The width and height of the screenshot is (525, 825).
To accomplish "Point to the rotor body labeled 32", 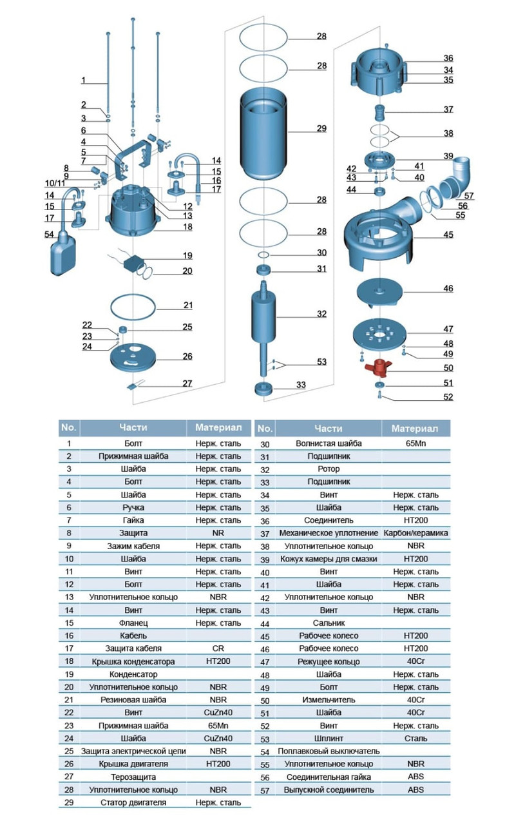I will pyautogui.click(x=263, y=316).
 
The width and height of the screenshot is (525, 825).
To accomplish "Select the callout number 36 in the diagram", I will pyautogui.click(x=448, y=58).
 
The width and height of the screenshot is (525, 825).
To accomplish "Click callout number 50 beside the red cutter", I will pyautogui.click(x=448, y=368).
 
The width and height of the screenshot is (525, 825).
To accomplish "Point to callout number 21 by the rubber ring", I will pyautogui.click(x=187, y=305).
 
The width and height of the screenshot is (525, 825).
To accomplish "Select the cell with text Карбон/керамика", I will pyautogui.click(x=415, y=533).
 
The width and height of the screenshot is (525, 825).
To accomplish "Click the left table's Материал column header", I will pyautogui.click(x=218, y=427).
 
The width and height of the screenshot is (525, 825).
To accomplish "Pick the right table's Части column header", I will pyautogui.click(x=329, y=428).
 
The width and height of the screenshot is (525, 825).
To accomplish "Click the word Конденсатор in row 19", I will pyautogui.click(x=133, y=674).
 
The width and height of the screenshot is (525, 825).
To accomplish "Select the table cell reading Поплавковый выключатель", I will pyautogui.click(x=329, y=751).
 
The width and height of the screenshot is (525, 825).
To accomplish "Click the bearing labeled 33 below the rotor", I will pyautogui.click(x=264, y=388).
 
